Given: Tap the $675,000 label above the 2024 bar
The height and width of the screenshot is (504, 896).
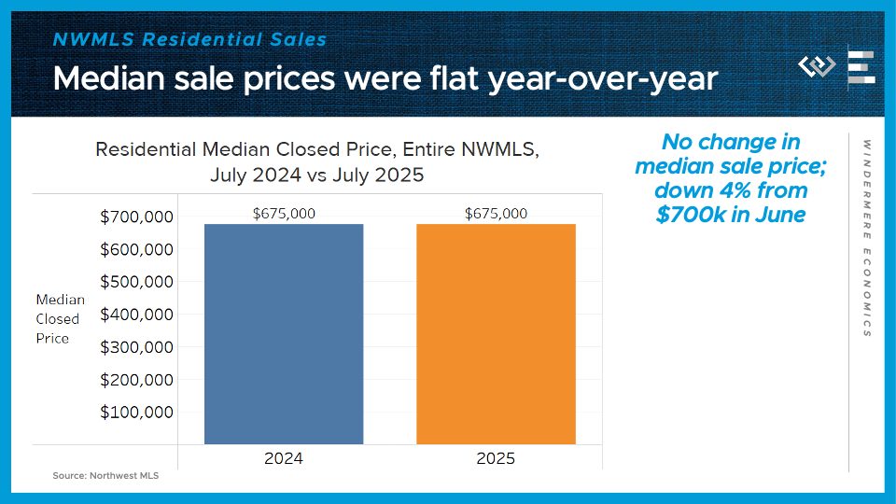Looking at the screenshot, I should (x=284, y=214).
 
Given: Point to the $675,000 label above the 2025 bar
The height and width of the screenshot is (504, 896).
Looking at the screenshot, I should (x=496, y=214).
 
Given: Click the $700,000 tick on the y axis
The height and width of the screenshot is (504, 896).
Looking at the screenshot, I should (x=136, y=217).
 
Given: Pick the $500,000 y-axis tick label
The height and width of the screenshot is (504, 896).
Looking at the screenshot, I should (x=136, y=282).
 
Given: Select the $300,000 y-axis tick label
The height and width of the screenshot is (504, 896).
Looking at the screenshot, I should (x=136, y=347).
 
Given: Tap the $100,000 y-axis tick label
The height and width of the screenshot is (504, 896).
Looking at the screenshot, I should (x=136, y=413).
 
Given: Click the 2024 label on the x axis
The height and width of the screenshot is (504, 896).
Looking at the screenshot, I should (x=284, y=458).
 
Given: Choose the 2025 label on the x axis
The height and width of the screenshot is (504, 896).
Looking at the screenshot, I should (x=496, y=458).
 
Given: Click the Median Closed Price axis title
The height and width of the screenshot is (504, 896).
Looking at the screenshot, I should (x=60, y=319).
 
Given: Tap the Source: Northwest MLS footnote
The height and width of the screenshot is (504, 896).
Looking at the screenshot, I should (x=105, y=476).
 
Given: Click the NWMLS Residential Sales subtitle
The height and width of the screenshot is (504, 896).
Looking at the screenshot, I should (x=190, y=39).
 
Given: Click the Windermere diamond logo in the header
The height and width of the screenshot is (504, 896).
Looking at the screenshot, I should (x=817, y=66).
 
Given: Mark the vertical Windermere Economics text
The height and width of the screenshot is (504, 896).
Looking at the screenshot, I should (x=867, y=238).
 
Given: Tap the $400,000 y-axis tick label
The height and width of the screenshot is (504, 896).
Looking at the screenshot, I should (x=136, y=315).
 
